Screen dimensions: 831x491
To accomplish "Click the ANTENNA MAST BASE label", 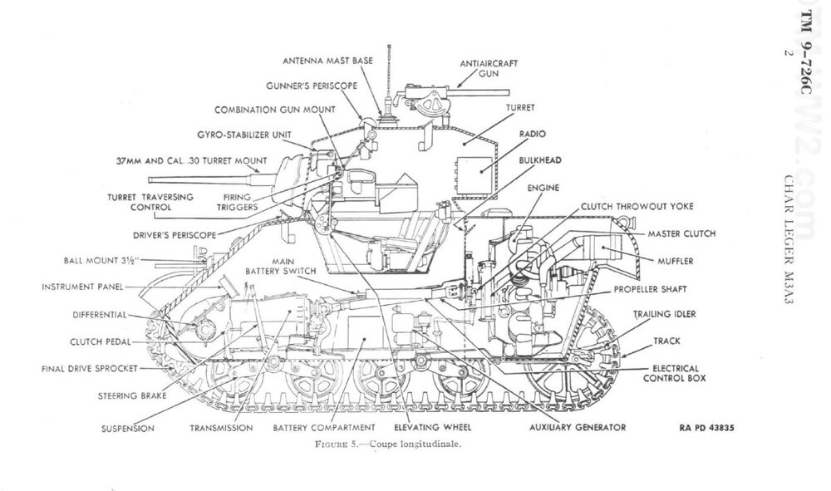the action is (x=327, y=61).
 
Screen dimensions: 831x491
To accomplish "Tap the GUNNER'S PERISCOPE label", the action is (x=312, y=86).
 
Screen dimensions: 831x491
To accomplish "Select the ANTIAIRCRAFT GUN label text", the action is (x=489, y=68).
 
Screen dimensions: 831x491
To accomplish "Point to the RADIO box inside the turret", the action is (x=475, y=174).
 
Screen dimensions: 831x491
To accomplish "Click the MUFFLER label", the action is (x=675, y=261).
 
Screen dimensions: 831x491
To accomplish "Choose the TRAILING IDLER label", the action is (x=665, y=314).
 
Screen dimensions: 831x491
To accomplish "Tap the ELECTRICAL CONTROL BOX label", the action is (x=675, y=373).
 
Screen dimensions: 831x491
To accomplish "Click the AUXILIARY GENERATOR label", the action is (x=578, y=427).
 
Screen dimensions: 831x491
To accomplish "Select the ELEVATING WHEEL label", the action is (x=432, y=427).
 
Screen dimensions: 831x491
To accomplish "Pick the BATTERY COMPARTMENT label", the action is (x=324, y=427).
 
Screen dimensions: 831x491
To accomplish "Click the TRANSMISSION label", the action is (x=222, y=428).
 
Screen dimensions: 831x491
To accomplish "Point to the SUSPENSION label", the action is (x=128, y=429).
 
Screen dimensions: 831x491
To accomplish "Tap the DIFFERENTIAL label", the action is (x=100, y=315).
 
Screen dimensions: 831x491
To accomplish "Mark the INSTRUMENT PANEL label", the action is (x=82, y=287).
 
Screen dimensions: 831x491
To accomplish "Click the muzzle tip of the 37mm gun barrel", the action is (x=150, y=180).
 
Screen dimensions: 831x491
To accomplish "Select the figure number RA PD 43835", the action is (x=706, y=428).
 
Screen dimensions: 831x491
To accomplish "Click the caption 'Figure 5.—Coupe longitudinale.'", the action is (x=388, y=444).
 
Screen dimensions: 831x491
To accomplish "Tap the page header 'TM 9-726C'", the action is (x=804, y=52).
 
